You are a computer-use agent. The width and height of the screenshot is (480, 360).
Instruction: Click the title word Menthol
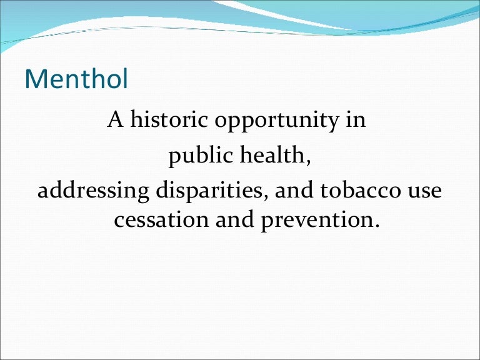pyautogui.click(x=76, y=79)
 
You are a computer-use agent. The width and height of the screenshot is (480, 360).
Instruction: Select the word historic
pyautogui.click(x=169, y=119)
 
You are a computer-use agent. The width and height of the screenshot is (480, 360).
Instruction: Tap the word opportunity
pyautogui.click(x=277, y=121)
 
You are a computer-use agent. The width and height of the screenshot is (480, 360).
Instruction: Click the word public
pyautogui.click(x=201, y=156)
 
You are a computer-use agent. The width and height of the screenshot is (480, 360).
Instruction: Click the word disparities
pyautogui.click(x=209, y=191)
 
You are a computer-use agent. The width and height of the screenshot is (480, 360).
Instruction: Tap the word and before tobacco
pyautogui.click(x=294, y=189)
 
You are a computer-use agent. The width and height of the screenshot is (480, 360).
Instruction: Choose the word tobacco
pyautogui.click(x=360, y=189)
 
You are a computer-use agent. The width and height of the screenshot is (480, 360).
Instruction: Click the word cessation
pyautogui.click(x=161, y=220)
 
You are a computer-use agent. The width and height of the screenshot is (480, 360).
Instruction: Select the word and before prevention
pyautogui.click(x=235, y=219)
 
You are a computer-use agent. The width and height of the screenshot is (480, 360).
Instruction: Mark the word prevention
pyautogui.click(x=315, y=221)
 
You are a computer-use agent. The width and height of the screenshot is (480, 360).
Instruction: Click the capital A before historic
pyautogui.click(x=116, y=119)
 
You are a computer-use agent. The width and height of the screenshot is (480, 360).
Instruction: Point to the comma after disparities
pyautogui.click(x=265, y=196)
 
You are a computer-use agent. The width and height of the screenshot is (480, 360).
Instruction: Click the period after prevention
pyautogui.click(x=376, y=226)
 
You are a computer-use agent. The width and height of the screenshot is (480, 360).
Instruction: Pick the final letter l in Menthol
pyautogui.click(x=126, y=79)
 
